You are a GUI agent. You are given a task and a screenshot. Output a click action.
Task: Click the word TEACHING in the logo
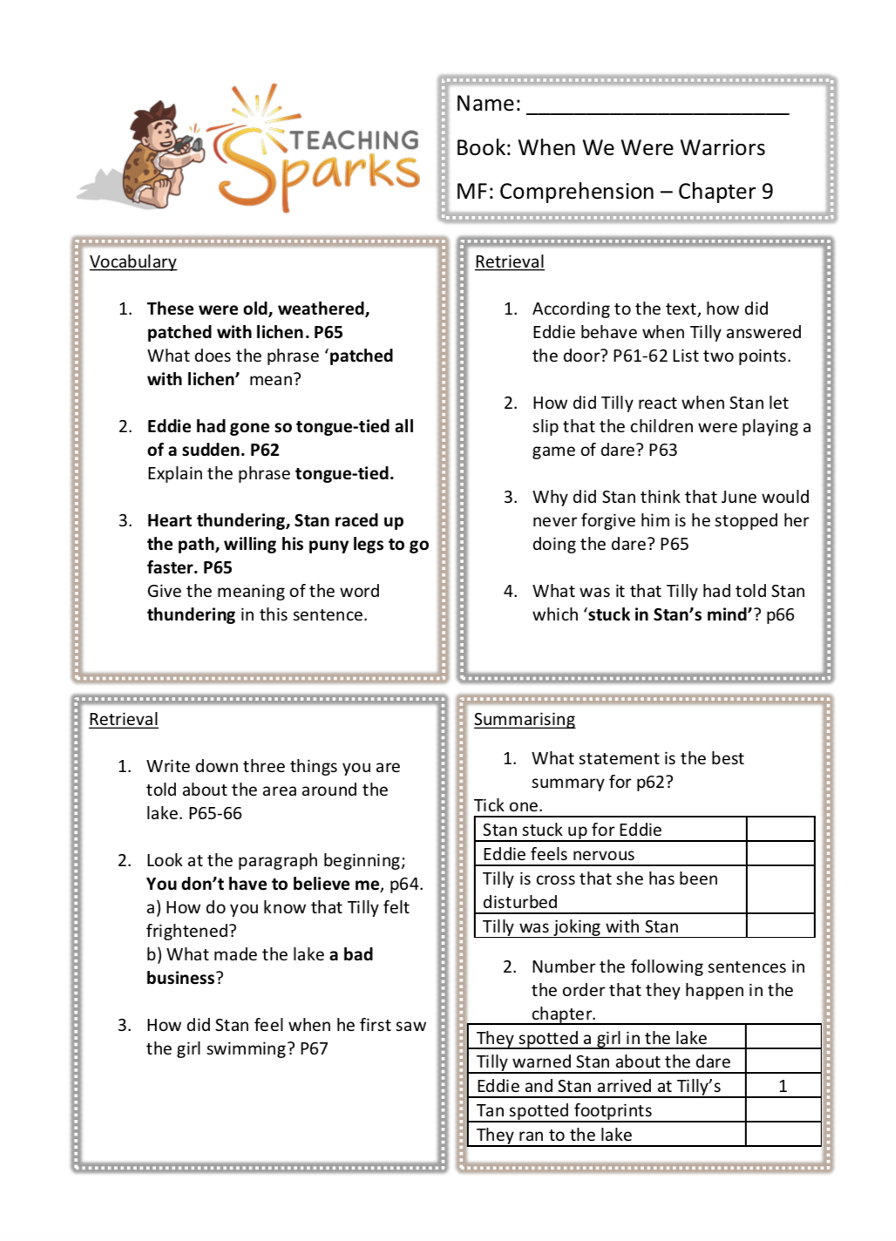(354, 140)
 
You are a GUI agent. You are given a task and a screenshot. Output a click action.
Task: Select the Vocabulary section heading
(133, 262)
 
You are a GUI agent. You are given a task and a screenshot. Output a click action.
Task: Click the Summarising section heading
(524, 720)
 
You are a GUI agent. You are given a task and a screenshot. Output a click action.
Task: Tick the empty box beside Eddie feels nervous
(780, 854)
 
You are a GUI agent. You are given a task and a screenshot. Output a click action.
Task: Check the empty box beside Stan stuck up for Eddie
(780, 830)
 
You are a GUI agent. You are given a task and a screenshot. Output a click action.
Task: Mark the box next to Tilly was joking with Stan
(780, 926)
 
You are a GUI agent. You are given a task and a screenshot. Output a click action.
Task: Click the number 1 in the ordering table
(783, 1086)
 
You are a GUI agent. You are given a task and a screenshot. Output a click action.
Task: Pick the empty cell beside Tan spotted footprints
(783, 1110)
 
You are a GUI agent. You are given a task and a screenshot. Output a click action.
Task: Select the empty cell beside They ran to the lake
(783, 1135)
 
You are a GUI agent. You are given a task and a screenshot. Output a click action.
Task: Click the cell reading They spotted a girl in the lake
(592, 1038)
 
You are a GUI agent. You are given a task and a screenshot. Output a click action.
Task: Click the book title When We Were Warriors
(641, 148)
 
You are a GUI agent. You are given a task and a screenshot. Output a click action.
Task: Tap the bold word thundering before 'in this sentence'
(191, 615)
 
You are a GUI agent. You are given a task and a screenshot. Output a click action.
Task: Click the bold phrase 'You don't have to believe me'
(262, 885)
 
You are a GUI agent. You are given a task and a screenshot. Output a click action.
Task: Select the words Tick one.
(508, 805)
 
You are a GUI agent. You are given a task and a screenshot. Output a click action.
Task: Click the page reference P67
(314, 1049)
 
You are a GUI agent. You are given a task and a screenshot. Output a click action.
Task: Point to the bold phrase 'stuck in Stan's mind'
(668, 615)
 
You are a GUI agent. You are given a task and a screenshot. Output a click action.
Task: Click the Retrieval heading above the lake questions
(124, 720)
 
